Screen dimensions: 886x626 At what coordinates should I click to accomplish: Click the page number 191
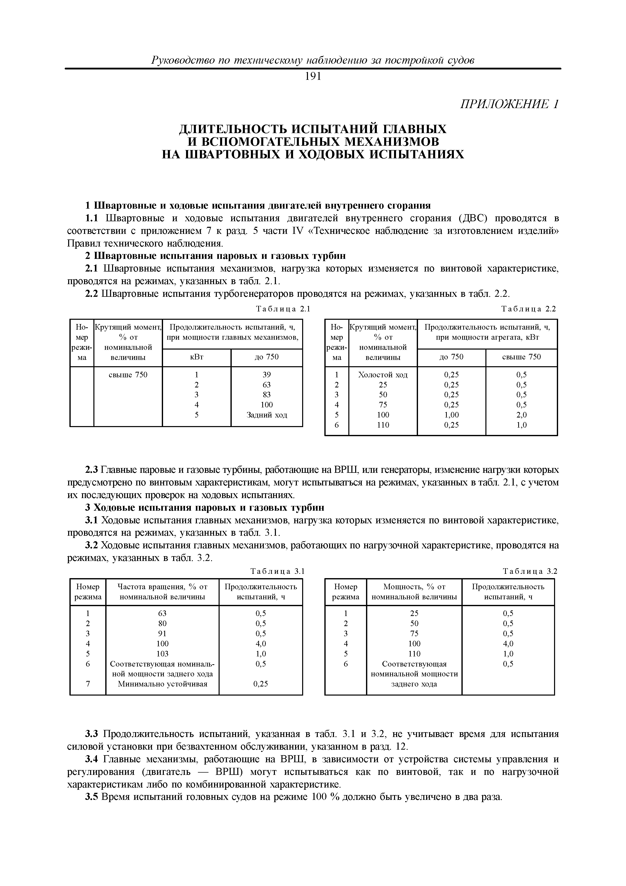click(x=313, y=77)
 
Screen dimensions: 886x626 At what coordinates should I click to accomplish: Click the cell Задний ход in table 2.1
click(x=267, y=415)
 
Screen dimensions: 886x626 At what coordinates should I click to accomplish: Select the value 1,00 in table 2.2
click(x=451, y=415)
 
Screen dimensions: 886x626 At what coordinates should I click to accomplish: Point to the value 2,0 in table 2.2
click(x=521, y=415)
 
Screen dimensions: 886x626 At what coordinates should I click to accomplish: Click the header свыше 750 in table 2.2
click(x=521, y=357)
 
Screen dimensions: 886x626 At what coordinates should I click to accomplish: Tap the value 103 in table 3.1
click(x=162, y=654)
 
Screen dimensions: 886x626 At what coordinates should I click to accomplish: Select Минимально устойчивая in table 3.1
click(x=162, y=684)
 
